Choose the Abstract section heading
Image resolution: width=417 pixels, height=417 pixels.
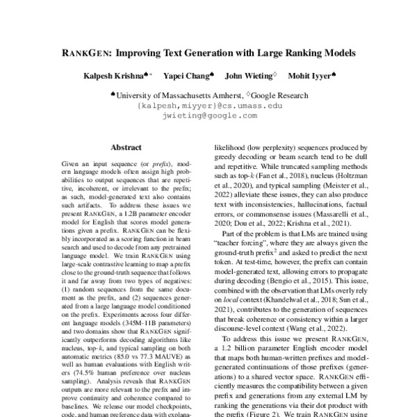[x=126, y=147]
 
